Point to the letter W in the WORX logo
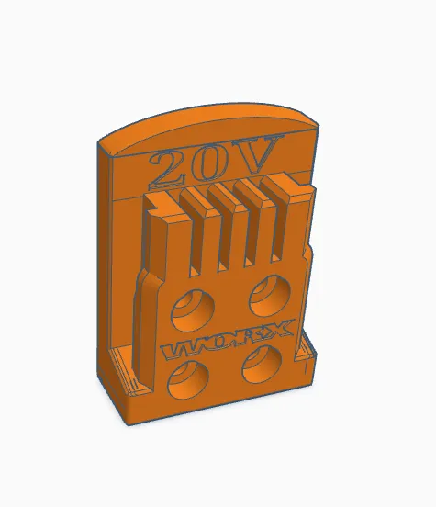[x=177, y=348]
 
